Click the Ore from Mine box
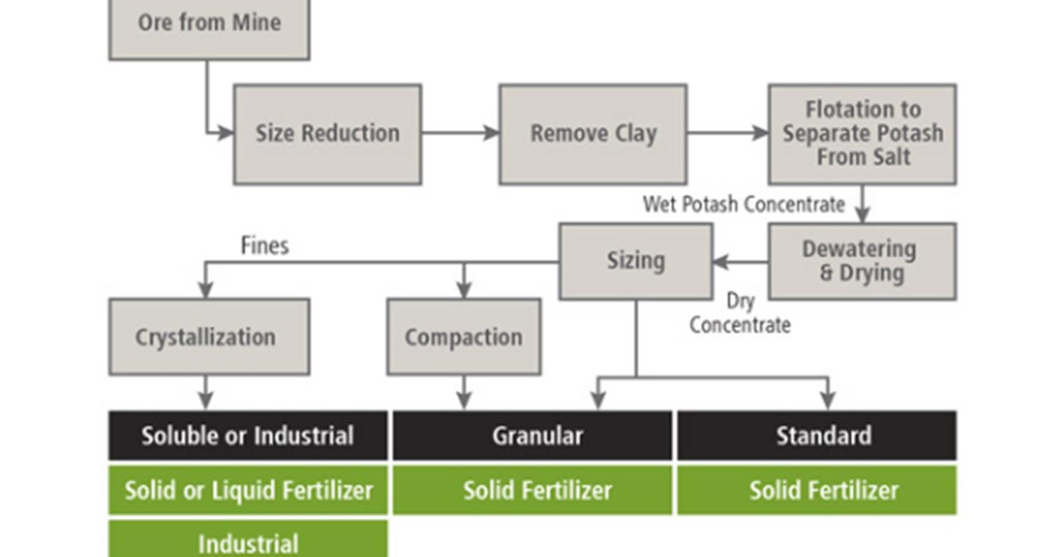[209, 27]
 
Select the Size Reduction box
[327, 134]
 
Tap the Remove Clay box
[593, 134]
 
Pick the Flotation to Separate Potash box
[862, 134]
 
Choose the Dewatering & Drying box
[862, 261]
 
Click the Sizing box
[636, 261]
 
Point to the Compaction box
[464, 337]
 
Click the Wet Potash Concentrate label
[743, 204]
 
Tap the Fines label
[265, 246]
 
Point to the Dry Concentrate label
[740, 313]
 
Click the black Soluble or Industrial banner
[247, 436]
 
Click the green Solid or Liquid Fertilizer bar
[247, 490]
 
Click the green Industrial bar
[247, 542]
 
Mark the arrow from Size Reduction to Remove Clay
[460, 133]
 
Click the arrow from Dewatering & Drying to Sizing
[740, 262]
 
